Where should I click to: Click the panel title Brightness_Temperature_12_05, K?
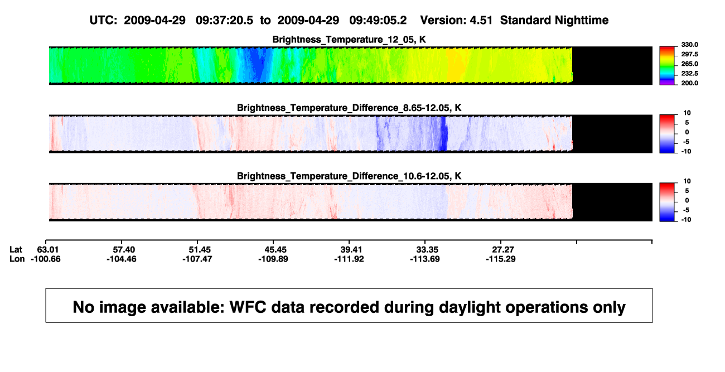click(349, 40)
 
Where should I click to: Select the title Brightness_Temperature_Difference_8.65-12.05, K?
click(349, 108)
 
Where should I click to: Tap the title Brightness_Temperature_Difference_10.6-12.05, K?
click(349, 176)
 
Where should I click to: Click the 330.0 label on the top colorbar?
click(689, 45)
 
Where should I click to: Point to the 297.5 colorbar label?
click(689, 54)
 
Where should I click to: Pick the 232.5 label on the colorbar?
click(689, 74)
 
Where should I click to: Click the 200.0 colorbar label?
click(689, 83)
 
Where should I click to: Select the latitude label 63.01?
click(48, 250)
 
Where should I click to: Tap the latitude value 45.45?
click(275, 250)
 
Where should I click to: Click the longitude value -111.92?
click(349, 259)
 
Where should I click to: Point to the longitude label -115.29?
click(501, 259)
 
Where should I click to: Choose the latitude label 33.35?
click(427, 250)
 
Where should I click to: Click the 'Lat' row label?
click(16, 250)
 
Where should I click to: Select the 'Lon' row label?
click(17, 259)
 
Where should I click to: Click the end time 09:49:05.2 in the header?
click(378, 20)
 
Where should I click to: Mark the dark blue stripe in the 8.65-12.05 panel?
click(444, 133)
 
